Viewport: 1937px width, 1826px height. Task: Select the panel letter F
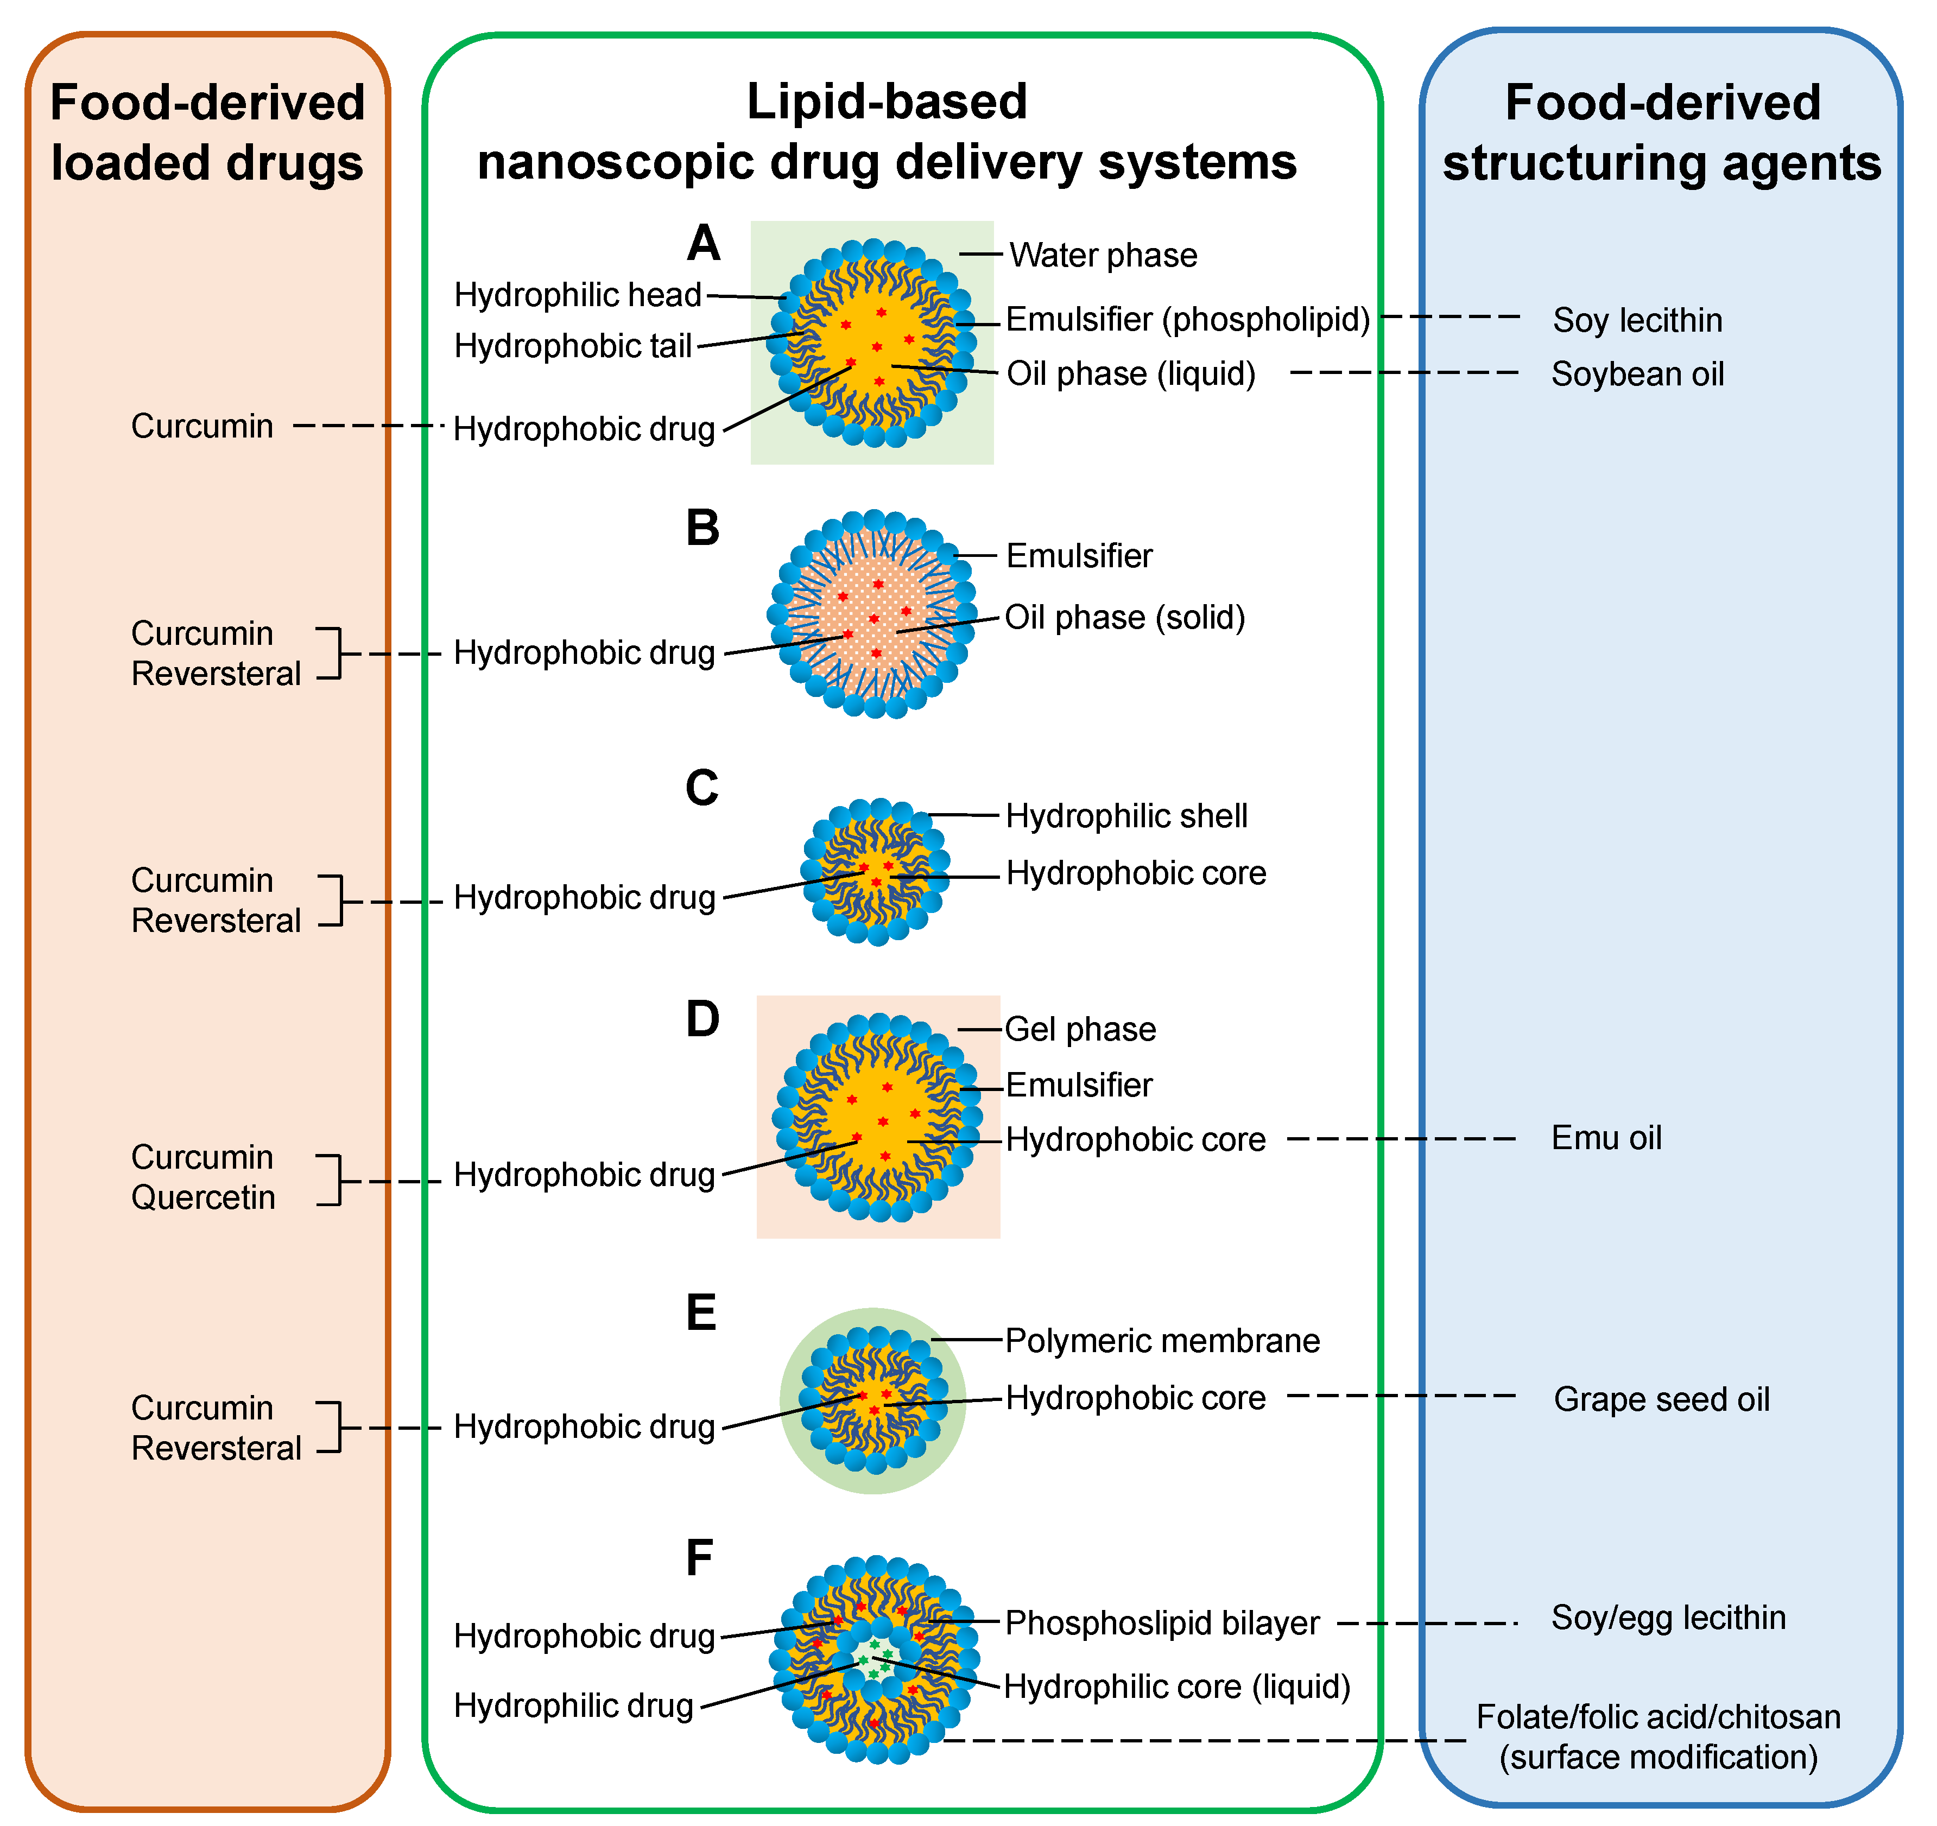click(700, 1557)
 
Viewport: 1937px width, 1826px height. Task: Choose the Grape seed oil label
click(1661, 1399)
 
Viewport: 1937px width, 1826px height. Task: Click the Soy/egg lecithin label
click(1668, 1618)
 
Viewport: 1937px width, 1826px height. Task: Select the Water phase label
click(1103, 255)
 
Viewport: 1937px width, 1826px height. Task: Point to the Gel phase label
click(1080, 1029)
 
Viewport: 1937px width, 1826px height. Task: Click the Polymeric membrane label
click(1162, 1341)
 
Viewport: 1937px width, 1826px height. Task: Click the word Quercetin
click(204, 1197)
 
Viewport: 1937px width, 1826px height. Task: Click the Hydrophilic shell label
click(1126, 815)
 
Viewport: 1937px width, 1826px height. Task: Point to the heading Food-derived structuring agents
click(1662, 132)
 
